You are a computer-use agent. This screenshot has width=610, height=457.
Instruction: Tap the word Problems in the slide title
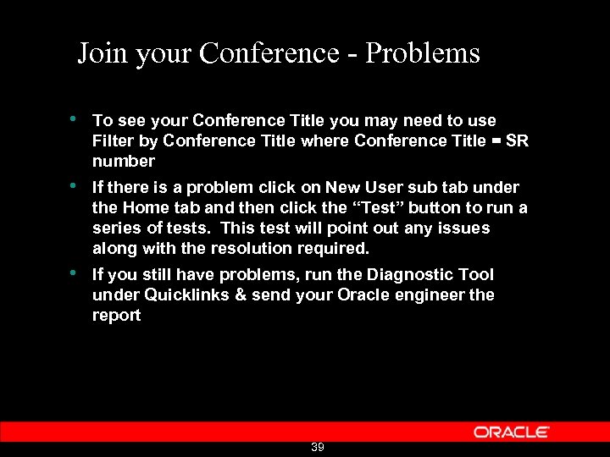coord(425,53)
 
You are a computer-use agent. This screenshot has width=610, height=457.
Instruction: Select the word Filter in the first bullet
coord(111,140)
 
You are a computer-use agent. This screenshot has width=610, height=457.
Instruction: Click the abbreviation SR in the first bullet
coord(517,140)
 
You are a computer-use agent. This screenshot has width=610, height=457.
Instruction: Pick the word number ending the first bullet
coord(124,161)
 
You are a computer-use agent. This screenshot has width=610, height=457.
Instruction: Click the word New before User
coord(344,187)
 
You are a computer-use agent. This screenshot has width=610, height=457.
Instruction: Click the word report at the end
coord(116,316)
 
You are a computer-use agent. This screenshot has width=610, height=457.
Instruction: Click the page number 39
coord(318,447)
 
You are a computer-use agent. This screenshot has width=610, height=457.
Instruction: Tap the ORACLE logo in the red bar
coord(512,432)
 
